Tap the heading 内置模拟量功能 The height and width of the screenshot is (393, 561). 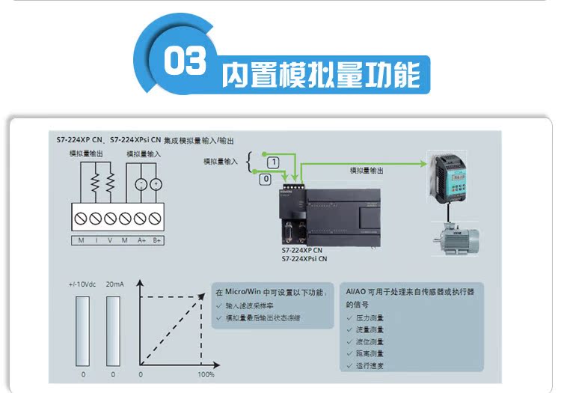321,76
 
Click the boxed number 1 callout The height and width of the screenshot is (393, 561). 273,162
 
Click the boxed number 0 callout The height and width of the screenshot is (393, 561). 265,180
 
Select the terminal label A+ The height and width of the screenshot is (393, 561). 141,240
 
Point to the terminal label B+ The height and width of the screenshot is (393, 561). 157,240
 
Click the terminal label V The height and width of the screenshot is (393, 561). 110,240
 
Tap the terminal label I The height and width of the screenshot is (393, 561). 96,240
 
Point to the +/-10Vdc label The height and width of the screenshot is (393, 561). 82,284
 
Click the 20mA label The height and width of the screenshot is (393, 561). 114,284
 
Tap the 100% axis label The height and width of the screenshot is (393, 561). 206,374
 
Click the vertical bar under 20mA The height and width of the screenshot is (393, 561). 113,329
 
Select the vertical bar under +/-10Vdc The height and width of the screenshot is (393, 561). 82,329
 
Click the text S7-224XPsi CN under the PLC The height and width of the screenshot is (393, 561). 304,258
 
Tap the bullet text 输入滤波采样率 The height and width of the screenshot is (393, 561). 253,306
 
